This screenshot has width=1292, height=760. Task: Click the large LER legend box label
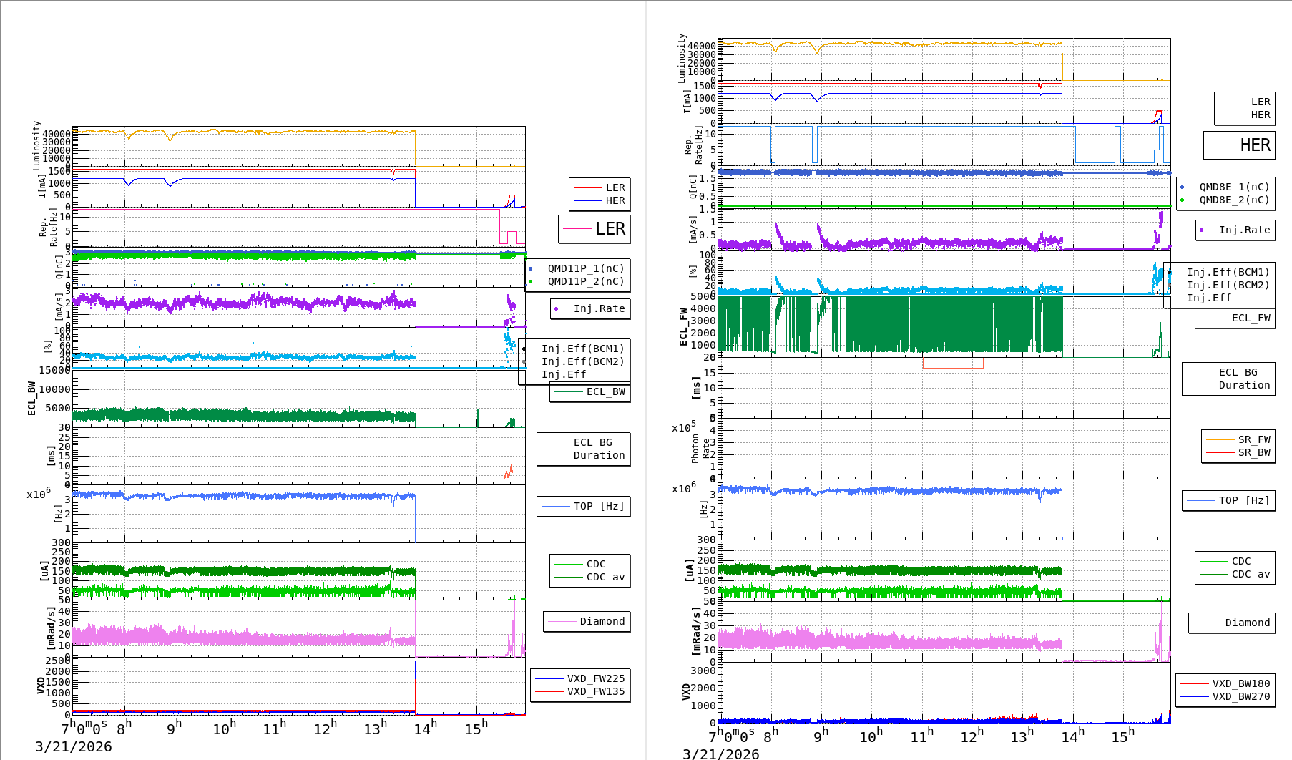(x=610, y=229)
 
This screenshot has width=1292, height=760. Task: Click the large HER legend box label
(x=1255, y=145)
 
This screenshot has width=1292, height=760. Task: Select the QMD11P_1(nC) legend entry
(x=585, y=268)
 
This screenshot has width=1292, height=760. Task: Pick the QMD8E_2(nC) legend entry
(x=1234, y=200)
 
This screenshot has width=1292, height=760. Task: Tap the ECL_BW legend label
(x=605, y=391)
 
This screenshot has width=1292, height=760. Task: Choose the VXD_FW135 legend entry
(x=595, y=691)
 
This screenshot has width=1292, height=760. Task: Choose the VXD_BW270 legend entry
(x=1240, y=696)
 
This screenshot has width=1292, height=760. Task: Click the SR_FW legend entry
(x=1253, y=439)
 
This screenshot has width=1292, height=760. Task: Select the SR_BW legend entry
(x=1253, y=452)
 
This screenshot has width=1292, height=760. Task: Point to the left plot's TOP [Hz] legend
(x=598, y=506)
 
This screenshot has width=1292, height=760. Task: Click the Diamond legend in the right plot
(x=1247, y=623)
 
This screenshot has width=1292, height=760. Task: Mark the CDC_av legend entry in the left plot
(x=605, y=577)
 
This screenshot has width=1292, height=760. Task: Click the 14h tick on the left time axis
(x=424, y=729)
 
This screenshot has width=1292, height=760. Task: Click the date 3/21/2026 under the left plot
(x=74, y=746)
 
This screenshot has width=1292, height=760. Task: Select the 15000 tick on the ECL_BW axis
(x=54, y=370)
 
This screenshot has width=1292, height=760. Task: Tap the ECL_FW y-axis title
(x=683, y=326)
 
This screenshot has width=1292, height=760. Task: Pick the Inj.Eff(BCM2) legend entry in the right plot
(x=1228, y=285)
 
